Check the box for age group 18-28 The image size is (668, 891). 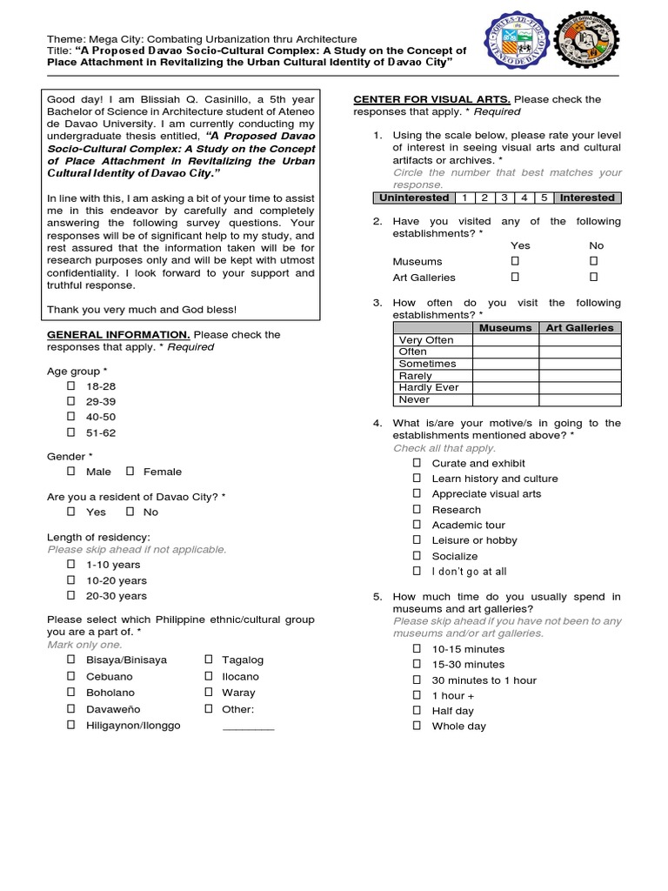pos(71,385)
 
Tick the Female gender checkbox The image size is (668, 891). pos(130,472)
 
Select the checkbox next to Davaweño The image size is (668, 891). pos(71,709)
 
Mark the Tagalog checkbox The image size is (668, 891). pos(209,660)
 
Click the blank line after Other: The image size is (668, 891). pos(248,727)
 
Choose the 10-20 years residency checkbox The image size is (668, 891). pos(71,580)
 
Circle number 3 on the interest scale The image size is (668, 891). pos(504,198)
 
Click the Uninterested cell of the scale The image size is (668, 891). pos(414,198)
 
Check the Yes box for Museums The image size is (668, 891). pos(515,261)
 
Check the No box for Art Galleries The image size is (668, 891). pos(594,277)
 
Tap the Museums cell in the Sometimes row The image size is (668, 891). pos(505,364)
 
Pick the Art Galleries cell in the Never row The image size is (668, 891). pos(579,399)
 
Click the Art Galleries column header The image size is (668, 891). pos(579,328)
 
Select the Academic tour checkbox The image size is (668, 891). pos(417,525)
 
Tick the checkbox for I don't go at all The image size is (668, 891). pos(417,572)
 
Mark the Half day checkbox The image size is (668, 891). pos(417,711)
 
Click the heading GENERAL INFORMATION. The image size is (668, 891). pos(117,335)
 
